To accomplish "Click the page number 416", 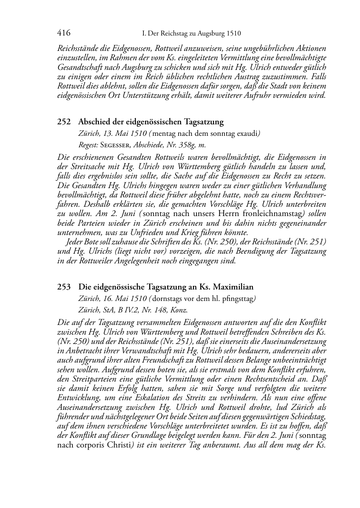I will point(64,33).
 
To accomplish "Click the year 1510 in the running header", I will point(233,34).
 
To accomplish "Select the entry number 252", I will point(64,122).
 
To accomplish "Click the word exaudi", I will point(247,134).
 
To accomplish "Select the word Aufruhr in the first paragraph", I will point(269,96).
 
